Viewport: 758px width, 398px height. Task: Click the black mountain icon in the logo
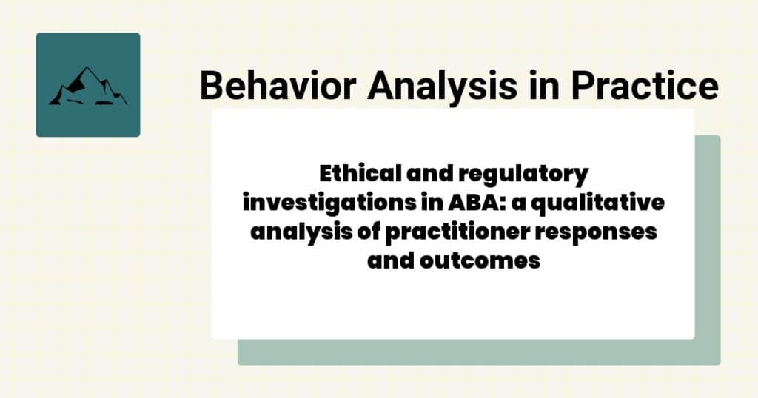tap(87, 87)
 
